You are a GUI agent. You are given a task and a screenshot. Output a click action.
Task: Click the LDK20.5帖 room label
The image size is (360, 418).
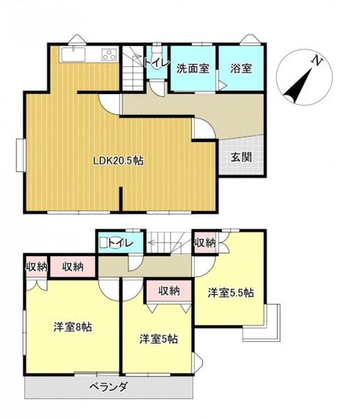119,159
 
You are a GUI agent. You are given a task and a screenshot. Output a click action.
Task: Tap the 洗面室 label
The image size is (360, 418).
192,68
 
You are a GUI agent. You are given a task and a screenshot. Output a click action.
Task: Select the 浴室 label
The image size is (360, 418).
241,68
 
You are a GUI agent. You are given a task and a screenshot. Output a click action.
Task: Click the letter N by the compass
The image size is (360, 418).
318,61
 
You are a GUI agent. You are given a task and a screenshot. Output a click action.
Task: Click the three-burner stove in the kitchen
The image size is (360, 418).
108,54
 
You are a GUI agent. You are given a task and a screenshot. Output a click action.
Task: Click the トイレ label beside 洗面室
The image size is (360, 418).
156,63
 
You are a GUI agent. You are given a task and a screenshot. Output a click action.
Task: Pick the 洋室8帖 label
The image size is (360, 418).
72,327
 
